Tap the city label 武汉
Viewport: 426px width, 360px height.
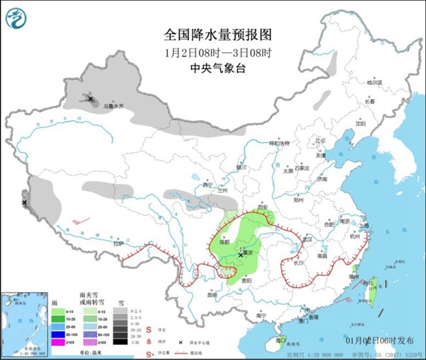(x=307, y=239)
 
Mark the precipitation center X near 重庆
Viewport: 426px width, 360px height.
(x=241, y=251)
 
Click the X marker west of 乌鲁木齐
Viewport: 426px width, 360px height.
(x=91, y=99)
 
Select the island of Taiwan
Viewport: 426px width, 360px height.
(x=369, y=291)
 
